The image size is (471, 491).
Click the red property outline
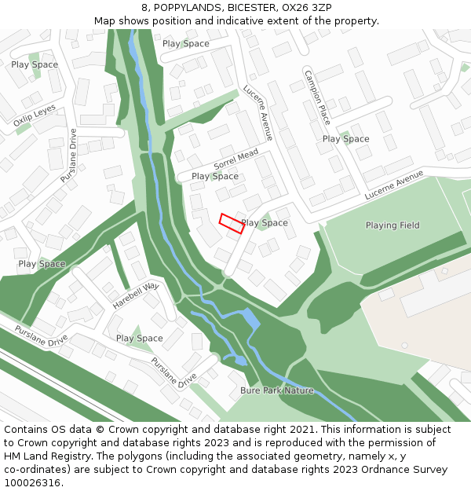tap(231, 223)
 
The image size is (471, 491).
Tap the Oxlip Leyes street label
tap(35, 116)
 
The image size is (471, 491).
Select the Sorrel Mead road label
tap(235, 161)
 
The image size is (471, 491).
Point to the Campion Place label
tap(318, 95)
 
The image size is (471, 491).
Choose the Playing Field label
tap(392, 225)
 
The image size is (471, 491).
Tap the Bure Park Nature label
tap(277, 390)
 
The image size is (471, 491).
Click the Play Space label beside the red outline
tap(265, 223)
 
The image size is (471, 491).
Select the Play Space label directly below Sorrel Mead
tap(215, 177)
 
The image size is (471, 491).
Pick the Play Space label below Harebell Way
tap(140, 339)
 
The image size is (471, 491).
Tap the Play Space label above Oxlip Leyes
tap(35, 64)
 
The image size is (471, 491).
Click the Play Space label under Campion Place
tap(345, 139)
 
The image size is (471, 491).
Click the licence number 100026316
tap(32, 483)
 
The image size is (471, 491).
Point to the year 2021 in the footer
tap(305, 430)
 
